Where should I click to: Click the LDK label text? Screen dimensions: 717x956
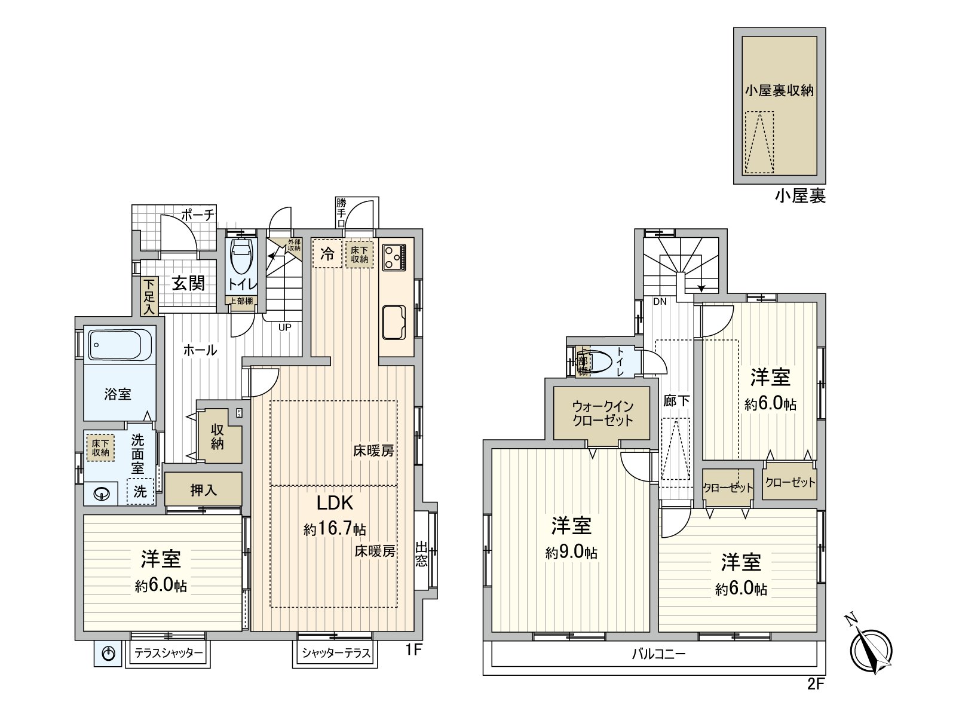334,503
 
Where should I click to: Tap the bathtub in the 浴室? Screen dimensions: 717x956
116,345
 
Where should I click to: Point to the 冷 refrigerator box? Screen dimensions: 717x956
327,253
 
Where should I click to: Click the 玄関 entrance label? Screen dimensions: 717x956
188,283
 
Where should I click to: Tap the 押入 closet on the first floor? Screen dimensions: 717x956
203,490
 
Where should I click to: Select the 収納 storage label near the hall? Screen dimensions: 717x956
217,436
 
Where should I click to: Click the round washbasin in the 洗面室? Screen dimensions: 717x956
102,495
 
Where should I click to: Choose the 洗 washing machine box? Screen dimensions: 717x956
140,492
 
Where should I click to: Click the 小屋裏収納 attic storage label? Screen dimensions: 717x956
779,91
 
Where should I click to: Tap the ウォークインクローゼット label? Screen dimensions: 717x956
602,413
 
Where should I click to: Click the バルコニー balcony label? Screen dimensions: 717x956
658,654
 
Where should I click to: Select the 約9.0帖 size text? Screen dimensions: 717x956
571,553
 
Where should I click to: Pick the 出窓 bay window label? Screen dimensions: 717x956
421,554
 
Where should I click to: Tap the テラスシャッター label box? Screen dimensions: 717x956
168,653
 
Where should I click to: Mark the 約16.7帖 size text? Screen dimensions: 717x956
335,529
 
